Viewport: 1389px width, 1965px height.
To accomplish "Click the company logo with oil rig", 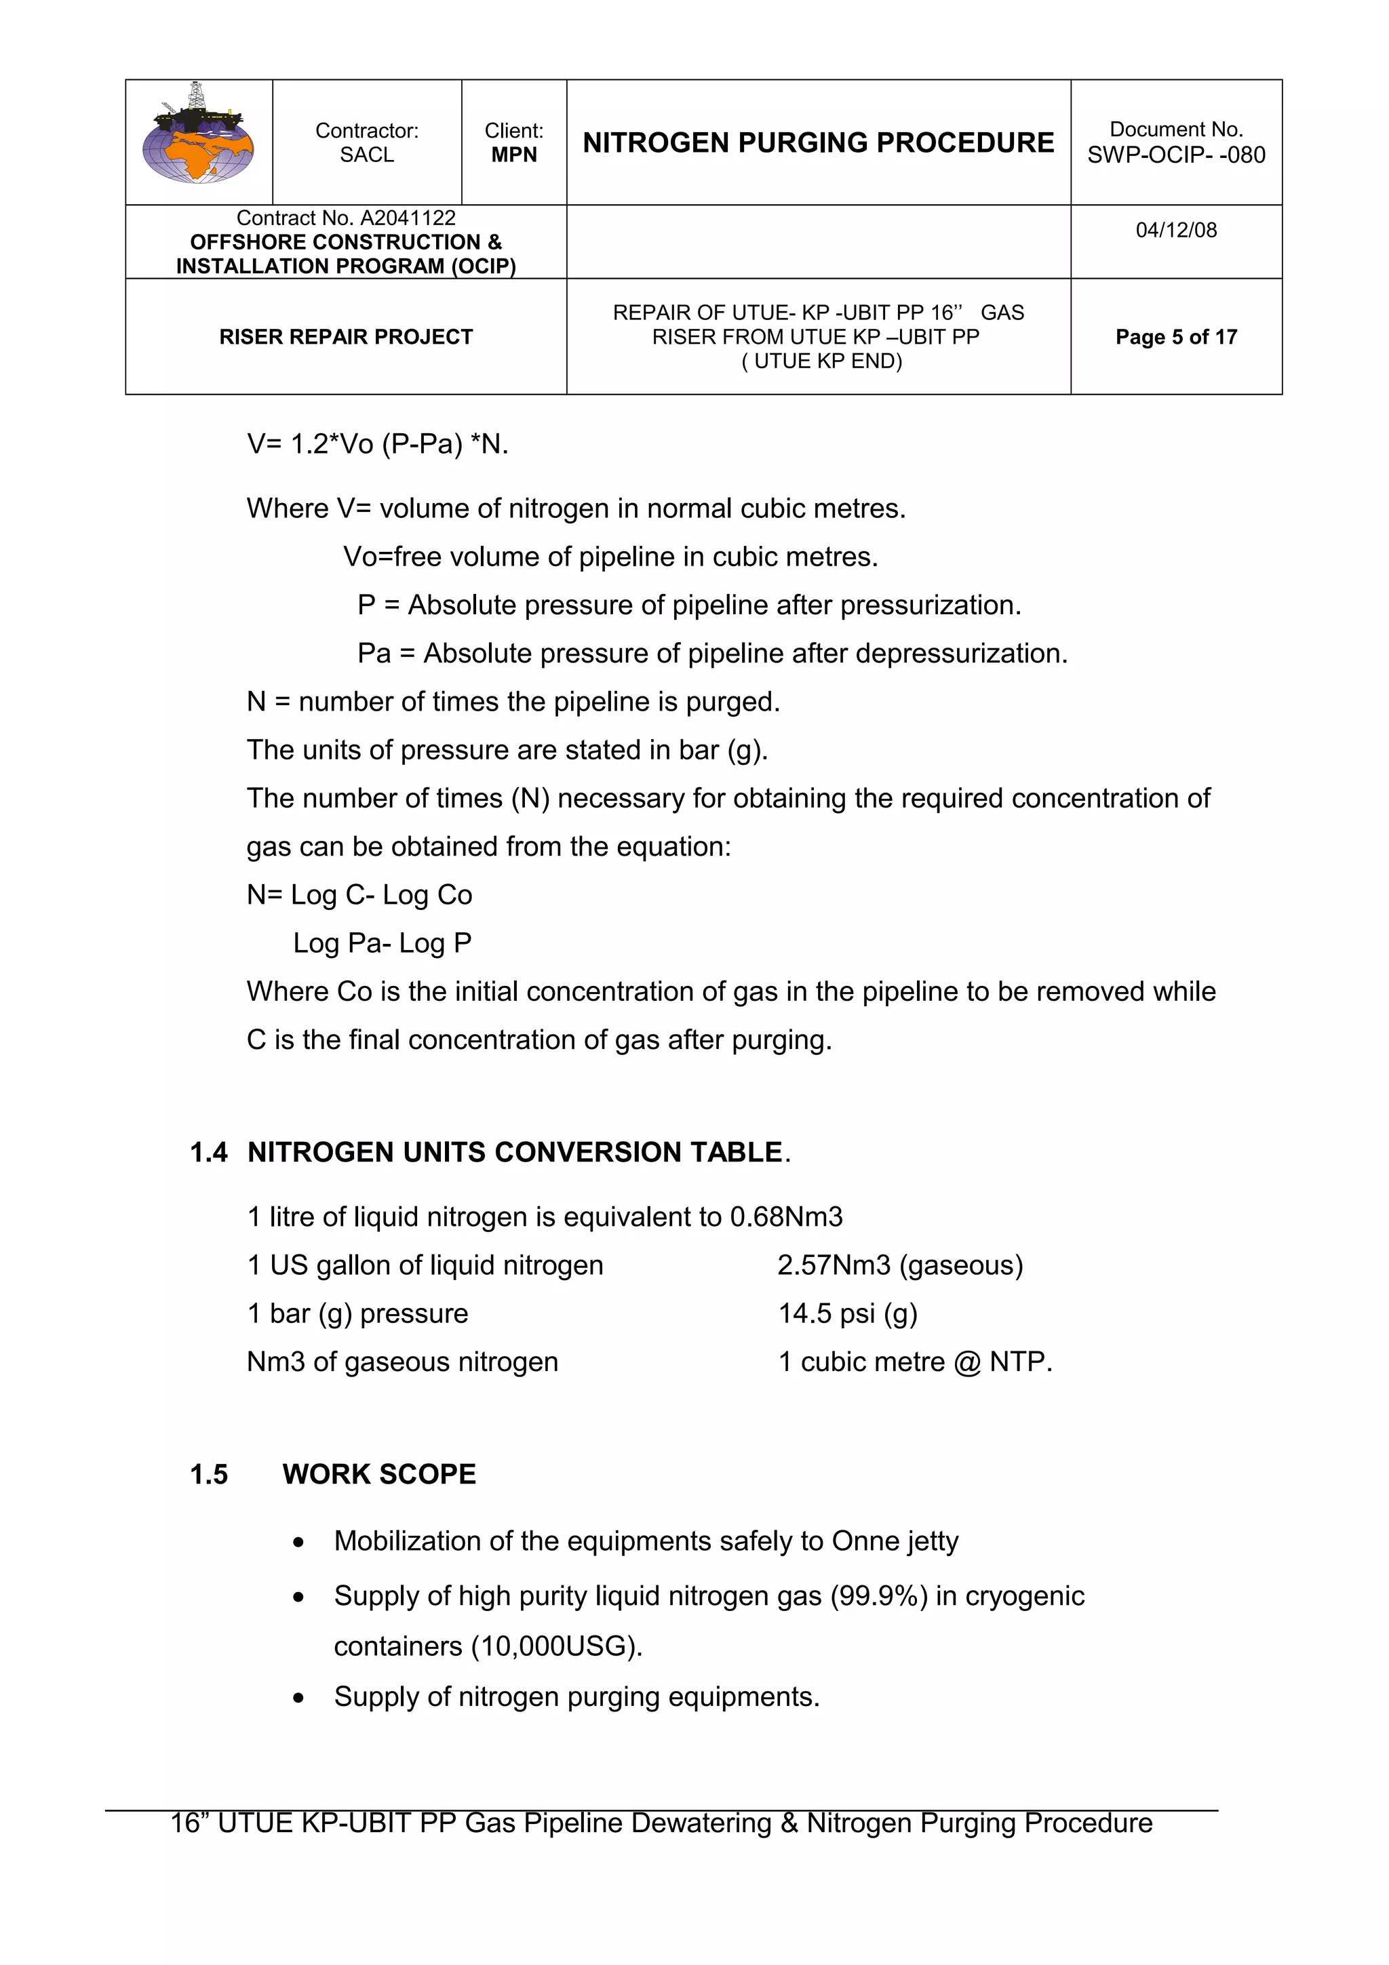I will pos(199,137).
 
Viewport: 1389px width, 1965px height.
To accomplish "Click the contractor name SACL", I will pos(366,155).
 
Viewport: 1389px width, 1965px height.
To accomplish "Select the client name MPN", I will pos(513,155).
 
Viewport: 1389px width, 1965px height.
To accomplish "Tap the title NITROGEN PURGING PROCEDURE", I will pos(817,142).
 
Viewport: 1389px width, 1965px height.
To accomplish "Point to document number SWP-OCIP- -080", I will pos(1175,155).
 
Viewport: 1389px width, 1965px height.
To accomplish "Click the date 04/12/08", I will pos(1175,231).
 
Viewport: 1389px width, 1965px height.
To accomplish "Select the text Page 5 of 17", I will pos(1175,337).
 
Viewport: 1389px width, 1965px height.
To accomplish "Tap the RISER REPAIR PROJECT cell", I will pos(346,337).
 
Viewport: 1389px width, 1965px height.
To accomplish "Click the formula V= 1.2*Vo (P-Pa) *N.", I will pos(377,444).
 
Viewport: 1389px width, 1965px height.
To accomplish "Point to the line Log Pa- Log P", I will pos(382,943).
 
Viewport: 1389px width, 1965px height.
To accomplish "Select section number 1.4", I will pos(208,1153).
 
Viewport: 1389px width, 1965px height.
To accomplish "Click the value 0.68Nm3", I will pos(785,1217).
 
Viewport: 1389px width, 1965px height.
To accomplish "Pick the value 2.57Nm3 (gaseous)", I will pos(899,1265).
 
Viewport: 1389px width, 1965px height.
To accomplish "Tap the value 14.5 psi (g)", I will pos(847,1313).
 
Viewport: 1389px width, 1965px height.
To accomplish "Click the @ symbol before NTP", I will pos(967,1362).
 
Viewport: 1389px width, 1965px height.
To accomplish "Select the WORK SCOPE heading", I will pos(379,1475).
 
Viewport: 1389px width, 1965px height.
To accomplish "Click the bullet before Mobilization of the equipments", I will pos(298,1542).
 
